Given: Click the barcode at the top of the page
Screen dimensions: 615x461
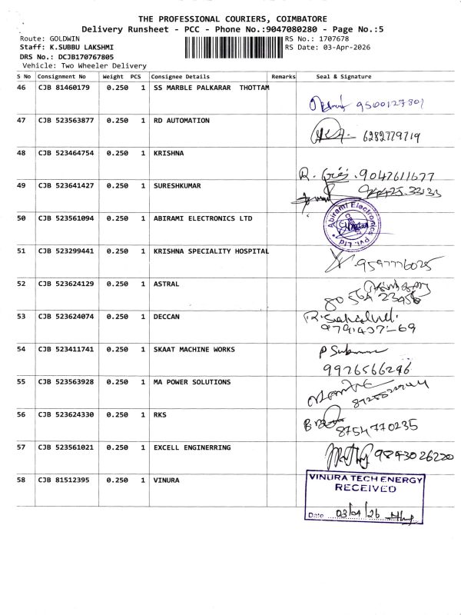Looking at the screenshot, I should (233, 48).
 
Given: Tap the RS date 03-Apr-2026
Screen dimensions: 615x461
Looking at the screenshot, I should (339, 48).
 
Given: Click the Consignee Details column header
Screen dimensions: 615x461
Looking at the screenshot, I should (181, 77).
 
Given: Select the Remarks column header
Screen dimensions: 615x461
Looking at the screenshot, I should (284, 77).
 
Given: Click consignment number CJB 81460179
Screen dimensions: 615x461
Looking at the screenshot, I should (64, 88).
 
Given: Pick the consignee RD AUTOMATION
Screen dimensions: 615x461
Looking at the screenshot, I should (181, 121).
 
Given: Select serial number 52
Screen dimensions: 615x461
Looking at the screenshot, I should (21, 284).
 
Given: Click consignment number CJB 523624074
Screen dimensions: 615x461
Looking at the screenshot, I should (65, 317).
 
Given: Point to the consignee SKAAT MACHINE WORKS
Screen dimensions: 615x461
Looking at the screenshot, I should (194, 350).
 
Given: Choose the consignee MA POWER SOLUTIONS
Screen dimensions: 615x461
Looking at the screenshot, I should (191, 382).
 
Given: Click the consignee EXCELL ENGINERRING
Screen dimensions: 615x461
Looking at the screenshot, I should (191, 447).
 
